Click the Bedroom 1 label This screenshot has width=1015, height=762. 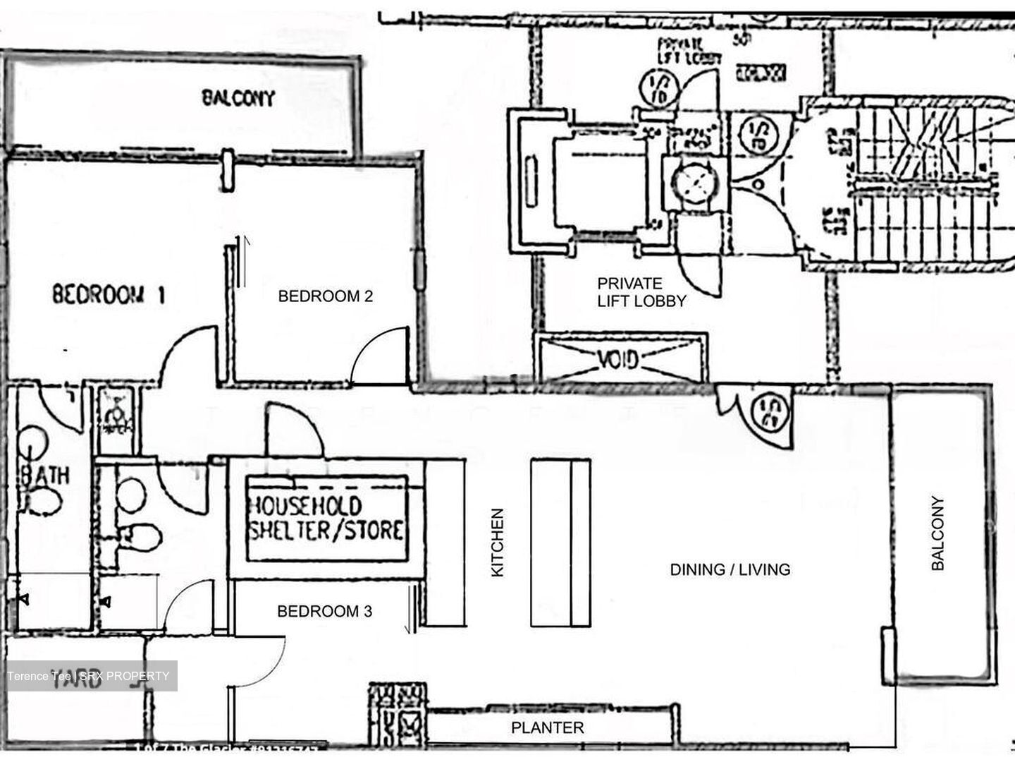point(109,294)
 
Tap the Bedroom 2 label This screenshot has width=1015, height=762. point(325,296)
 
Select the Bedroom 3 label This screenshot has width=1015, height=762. point(324,611)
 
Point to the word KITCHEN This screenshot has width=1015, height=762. point(498,543)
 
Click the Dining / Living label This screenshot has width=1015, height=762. point(730,569)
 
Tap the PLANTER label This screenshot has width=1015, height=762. point(547,727)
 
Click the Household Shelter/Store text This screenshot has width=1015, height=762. point(326,519)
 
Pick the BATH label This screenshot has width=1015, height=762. point(45,475)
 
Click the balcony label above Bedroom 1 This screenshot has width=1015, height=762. point(238,97)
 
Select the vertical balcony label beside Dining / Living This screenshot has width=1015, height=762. point(937,533)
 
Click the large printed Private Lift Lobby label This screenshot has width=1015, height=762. point(641,292)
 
